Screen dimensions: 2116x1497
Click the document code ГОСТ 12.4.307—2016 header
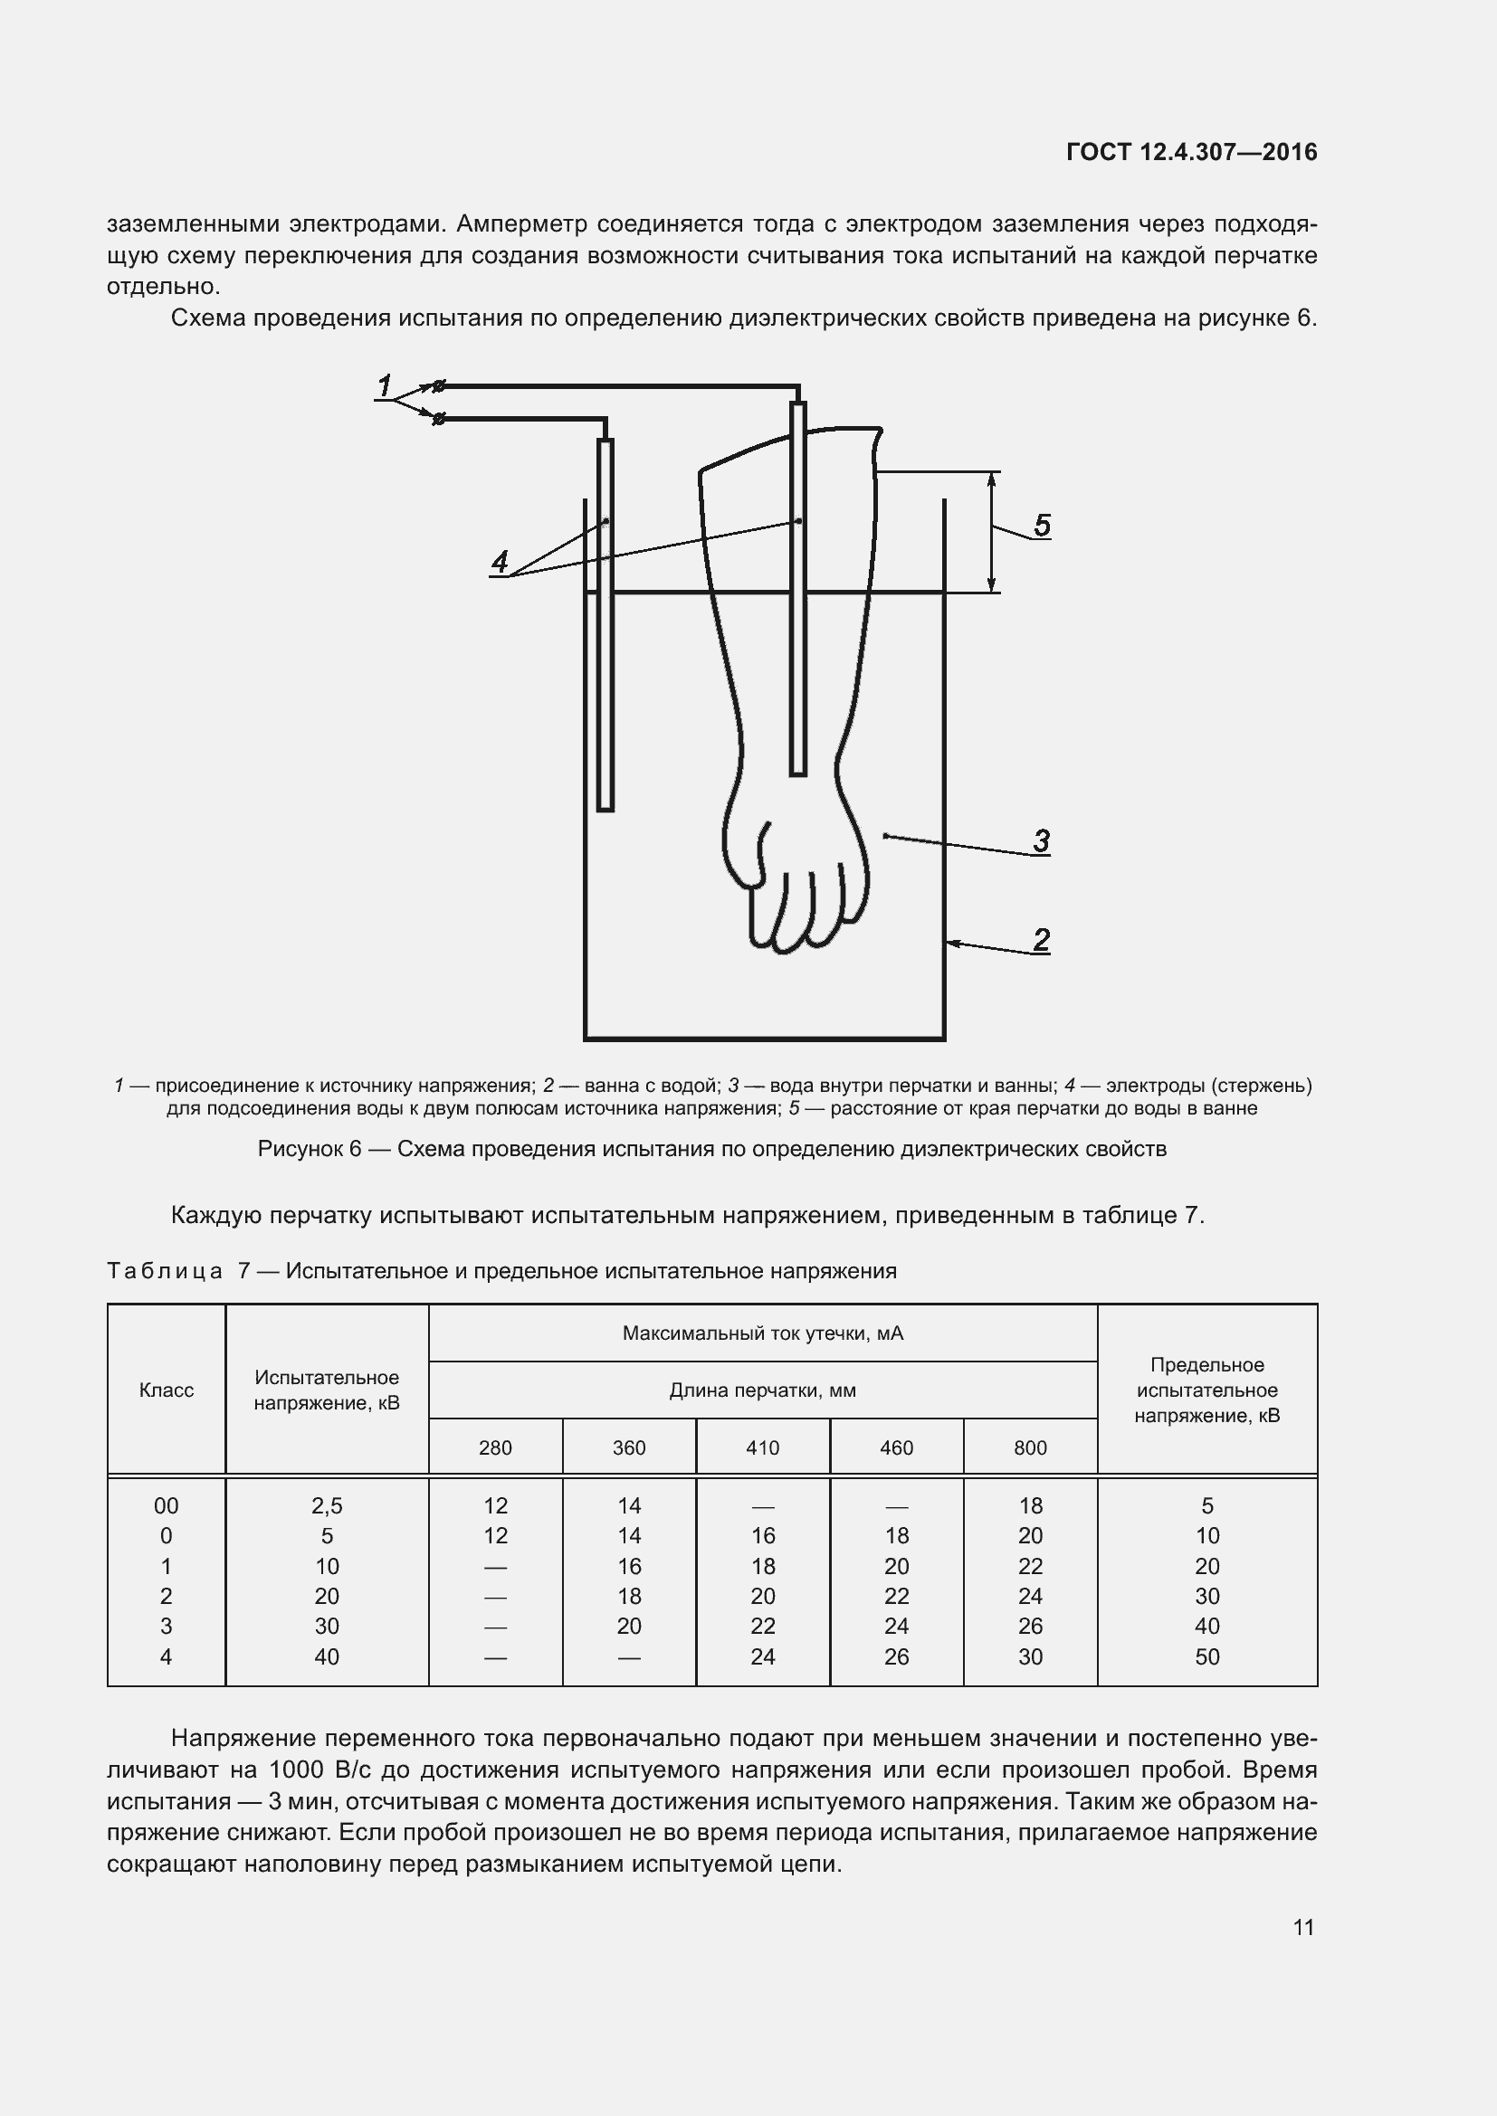click(x=1191, y=152)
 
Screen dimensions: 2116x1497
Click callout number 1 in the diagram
click(x=385, y=385)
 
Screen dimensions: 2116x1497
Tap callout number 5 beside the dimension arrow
click(x=1042, y=526)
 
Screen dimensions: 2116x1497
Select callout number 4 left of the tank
click(x=500, y=561)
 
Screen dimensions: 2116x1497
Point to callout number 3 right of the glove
click(x=1042, y=840)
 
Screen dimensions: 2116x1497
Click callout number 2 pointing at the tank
click(x=1042, y=940)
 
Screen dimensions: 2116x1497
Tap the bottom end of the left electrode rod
click(x=605, y=807)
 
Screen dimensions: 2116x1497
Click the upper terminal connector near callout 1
click(x=440, y=385)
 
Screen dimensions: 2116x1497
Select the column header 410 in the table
click(x=762, y=1447)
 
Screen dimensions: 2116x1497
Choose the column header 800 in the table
click(x=1030, y=1447)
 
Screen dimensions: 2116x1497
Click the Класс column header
click(x=166, y=1390)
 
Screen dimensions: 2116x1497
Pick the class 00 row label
click(x=166, y=1506)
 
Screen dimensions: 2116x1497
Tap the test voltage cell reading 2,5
click(x=327, y=1506)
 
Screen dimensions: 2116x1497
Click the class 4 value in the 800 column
click(x=1030, y=1656)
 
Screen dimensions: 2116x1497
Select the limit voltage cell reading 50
click(x=1206, y=1656)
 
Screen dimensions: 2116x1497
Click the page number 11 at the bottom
click(x=1303, y=1927)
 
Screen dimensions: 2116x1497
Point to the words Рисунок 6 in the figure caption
click(x=310, y=1149)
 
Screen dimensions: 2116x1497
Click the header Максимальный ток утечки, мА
click(x=762, y=1333)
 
